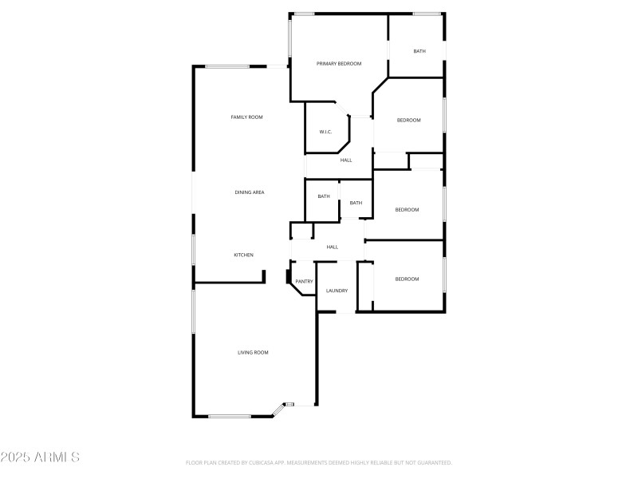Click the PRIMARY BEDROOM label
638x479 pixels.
[x=339, y=64]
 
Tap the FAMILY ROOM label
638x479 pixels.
[x=246, y=117]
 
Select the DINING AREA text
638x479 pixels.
[x=250, y=192]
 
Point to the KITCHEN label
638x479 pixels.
[x=243, y=255]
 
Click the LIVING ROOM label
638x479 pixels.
[x=253, y=352]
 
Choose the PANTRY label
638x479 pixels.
[x=304, y=281]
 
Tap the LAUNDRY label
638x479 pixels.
[x=337, y=291]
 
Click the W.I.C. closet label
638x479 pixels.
[x=325, y=132]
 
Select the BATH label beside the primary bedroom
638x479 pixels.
[x=419, y=52]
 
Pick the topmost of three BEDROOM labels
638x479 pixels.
[x=408, y=120]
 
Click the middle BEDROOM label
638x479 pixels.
[x=407, y=210]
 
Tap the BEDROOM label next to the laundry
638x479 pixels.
[x=407, y=279]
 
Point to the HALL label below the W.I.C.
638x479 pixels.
[x=346, y=160]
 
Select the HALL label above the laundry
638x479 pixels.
[x=333, y=247]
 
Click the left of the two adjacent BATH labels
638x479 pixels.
[x=324, y=196]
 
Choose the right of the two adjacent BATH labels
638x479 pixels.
[x=356, y=203]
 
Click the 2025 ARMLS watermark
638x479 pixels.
[x=40, y=457]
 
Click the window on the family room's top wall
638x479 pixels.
[x=228, y=66]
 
